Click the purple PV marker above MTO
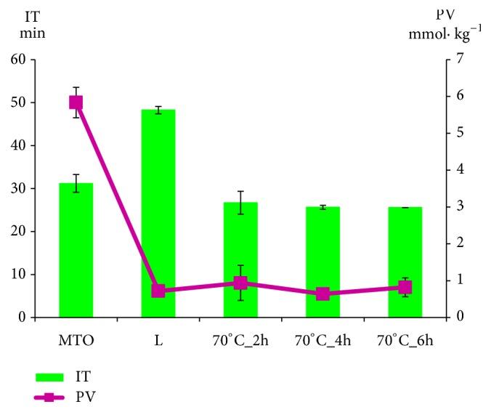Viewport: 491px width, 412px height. click(x=76, y=102)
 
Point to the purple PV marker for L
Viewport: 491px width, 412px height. click(x=158, y=291)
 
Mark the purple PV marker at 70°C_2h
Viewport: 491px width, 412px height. click(x=240, y=283)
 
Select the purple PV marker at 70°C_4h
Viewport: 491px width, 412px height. click(x=322, y=294)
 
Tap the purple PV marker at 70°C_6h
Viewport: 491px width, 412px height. click(x=405, y=287)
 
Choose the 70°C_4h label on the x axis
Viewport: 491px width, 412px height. click(x=322, y=339)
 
